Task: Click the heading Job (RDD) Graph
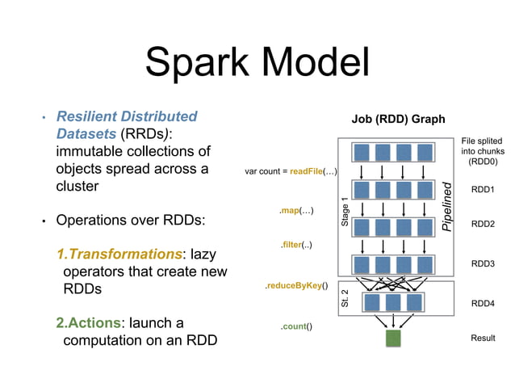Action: coord(397,119)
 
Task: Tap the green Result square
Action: coord(393,339)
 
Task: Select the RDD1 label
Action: coord(482,190)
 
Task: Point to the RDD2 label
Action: coord(482,224)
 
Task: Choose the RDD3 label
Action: coord(482,263)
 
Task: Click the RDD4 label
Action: coord(482,303)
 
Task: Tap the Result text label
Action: coord(483,339)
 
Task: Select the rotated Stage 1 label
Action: coord(345,211)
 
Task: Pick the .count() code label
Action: coord(296,326)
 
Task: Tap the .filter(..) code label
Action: coord(296,245)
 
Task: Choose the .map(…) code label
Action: coord(296,211)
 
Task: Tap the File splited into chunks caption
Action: coord(483,150)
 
